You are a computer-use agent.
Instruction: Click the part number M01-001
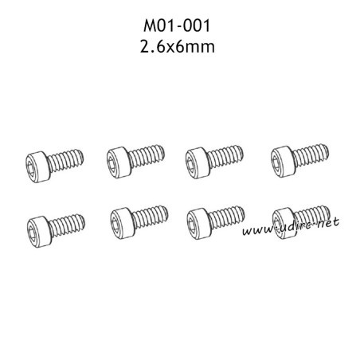pos(177,25)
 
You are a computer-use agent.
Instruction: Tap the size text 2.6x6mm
pos(178,46)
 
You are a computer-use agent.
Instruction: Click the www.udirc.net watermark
pos(291,227)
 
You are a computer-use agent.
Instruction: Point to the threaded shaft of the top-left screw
pos(66,160)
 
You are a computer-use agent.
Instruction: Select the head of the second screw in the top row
pos(119,162)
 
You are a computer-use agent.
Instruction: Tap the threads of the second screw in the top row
pos(147,156)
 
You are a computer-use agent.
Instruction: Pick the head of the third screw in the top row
pos(198,162)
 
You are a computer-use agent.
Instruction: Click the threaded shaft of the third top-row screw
pos(225,157)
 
